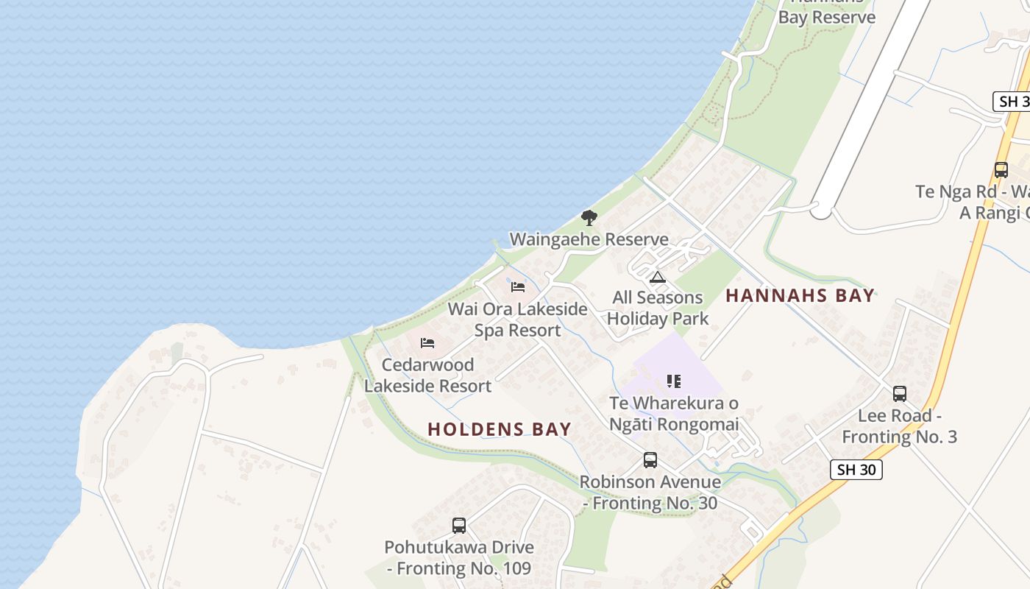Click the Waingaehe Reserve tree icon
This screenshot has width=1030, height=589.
click(x=589, y=218)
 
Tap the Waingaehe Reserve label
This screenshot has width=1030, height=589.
click(x=589, y=239)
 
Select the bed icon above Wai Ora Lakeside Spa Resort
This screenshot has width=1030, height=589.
click(x=518, y=286)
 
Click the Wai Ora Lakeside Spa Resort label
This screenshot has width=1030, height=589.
click(x=518, y=320)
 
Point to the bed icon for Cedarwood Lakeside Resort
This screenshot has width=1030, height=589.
click(x=427, y=342)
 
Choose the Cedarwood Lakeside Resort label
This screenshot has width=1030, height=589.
click(x=427, y=375)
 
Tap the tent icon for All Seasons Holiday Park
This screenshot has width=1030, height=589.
click(x=658, y=277)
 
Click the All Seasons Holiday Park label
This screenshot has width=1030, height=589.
click(x=658, y=308)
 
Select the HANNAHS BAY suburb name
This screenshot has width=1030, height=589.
click(x=800, y=296)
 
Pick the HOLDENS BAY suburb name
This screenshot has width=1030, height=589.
click(x=500, y=429)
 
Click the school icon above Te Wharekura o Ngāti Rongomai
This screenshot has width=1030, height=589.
click(x=674, y=381)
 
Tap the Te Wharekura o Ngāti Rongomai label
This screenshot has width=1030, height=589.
click(x=674, y=414)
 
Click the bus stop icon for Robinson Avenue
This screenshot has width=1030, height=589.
click(x=650, y=460)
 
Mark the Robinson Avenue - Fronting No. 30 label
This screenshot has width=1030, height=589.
click(x=650, y=493)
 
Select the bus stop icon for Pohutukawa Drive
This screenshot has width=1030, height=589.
click(x=459, y=526)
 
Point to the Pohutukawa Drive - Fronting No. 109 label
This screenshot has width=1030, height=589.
click(x=459, y=558)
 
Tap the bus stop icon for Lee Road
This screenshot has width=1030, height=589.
click(x=899, y=394)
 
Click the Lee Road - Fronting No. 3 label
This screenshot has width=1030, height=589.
click(x=899, y=426)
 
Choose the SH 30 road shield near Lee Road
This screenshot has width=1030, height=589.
click(x=856, y=470)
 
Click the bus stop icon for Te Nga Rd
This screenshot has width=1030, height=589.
click(x=1001, y=169)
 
